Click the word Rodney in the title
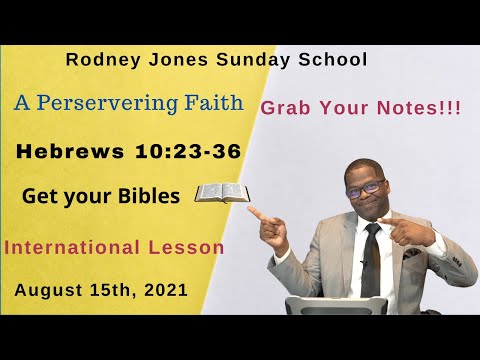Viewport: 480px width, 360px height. point(99,60)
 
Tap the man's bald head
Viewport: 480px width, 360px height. point(364,165)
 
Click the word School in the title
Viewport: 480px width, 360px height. point(333,60)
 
